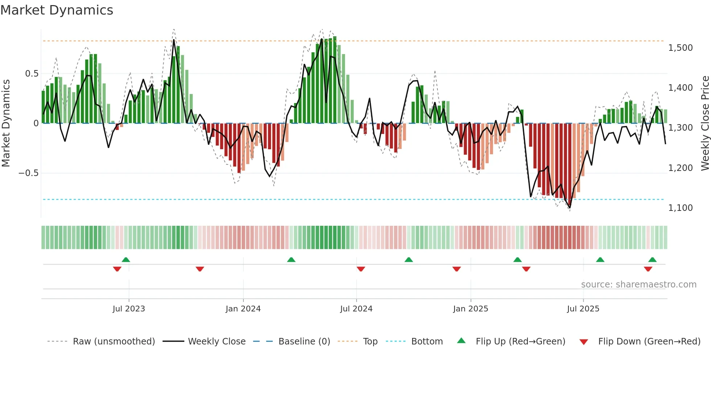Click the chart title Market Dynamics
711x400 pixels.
point(57,10)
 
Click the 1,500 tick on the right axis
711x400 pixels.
point(680,48)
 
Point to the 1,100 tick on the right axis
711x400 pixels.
point(680,208)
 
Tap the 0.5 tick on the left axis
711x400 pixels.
point(32,74)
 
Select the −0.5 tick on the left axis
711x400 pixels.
point(29,173)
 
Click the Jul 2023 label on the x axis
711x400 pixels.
point(128,309)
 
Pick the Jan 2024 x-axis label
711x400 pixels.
point(243,309)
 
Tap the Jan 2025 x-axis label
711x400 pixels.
point(470,309)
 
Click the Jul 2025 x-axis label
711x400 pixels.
point(583,309)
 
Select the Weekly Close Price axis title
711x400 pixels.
point(705,123)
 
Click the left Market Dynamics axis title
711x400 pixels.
point(6,123)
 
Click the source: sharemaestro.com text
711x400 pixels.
point(638,285)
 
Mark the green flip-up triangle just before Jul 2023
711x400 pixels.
point(126,260)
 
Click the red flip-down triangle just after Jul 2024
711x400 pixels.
point(361,269)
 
